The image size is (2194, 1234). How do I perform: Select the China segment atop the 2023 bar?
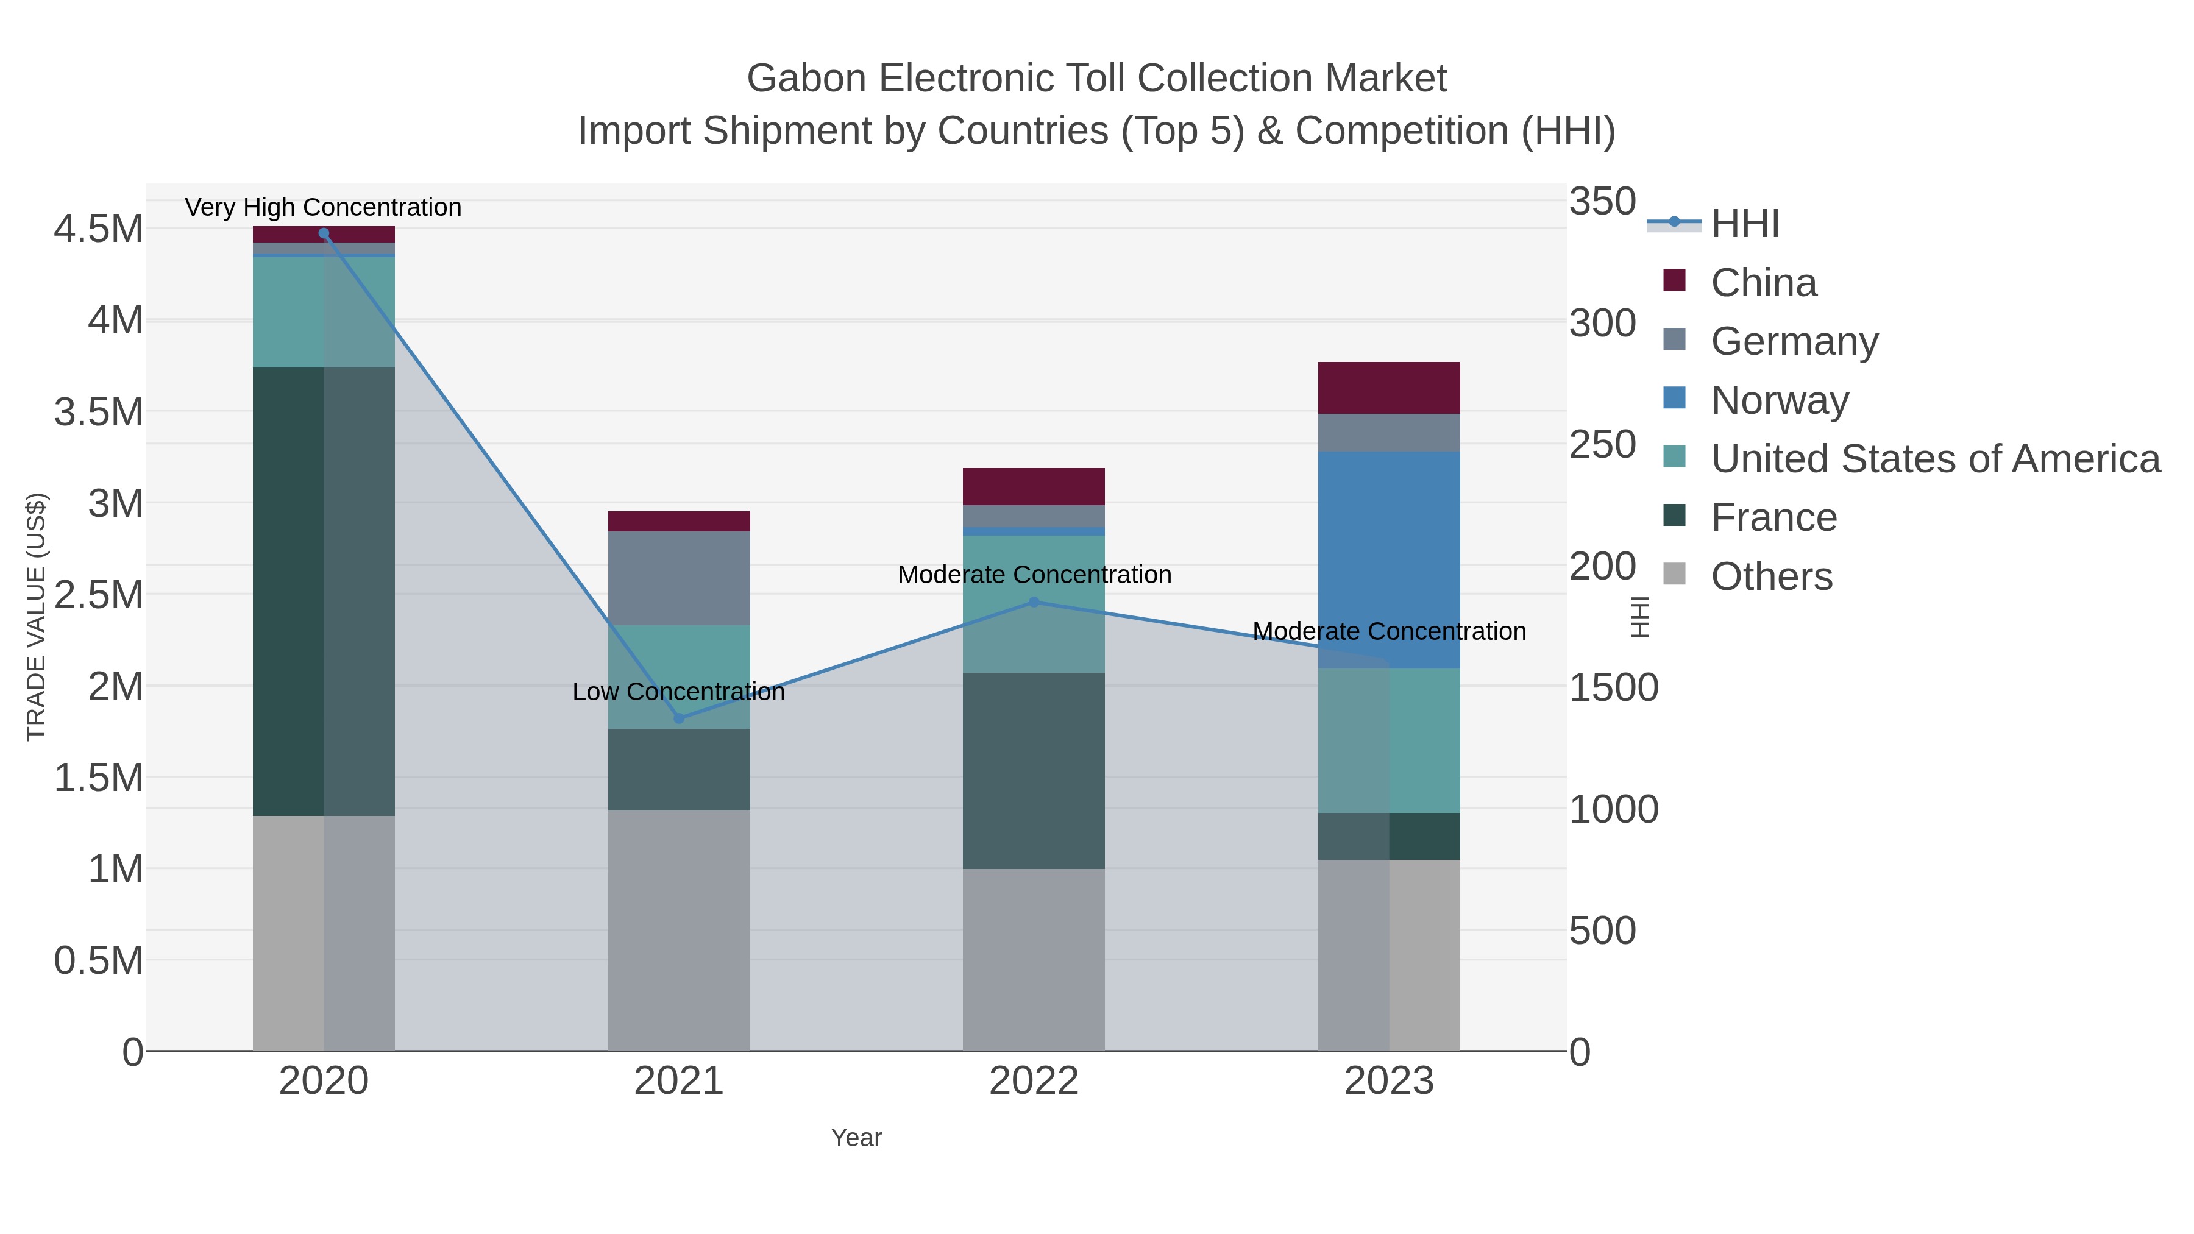pos(1388,388)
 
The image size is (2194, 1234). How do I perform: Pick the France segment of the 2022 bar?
pos(1033,771)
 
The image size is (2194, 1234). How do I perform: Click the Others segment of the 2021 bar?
pos(679,930)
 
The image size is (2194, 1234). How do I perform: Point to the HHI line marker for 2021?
pos(679,718)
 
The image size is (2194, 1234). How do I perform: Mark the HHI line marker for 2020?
pos(324,233)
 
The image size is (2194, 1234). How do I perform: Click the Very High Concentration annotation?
pos(323,207)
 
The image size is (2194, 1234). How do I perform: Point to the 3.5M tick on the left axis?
pos(99,412)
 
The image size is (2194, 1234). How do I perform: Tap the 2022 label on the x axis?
pos(1033,1080)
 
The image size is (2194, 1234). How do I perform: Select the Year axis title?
pos(856,1138)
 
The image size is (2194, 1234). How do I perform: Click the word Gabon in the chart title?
pos(806,79)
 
